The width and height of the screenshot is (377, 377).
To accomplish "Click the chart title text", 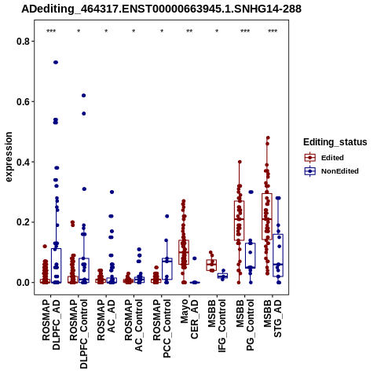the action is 161,9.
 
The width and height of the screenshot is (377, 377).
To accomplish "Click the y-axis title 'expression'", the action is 9,157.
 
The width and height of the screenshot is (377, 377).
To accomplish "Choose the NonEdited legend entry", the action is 331,171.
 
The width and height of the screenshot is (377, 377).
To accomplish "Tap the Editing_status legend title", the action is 335,142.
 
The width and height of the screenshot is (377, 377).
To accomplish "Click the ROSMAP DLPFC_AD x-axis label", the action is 51,324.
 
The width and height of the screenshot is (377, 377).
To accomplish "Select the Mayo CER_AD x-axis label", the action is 189,319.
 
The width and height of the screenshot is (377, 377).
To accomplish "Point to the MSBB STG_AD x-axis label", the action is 273,318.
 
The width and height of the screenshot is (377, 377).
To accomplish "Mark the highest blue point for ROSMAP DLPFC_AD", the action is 56,62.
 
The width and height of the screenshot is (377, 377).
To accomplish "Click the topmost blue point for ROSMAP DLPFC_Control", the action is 83,96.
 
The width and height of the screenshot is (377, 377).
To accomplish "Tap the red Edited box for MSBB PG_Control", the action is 239,221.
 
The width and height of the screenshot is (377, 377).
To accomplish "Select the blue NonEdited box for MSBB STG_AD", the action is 278,255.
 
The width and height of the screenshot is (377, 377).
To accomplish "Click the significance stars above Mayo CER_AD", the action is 189,31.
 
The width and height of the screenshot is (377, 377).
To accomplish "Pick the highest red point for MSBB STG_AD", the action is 268,137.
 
